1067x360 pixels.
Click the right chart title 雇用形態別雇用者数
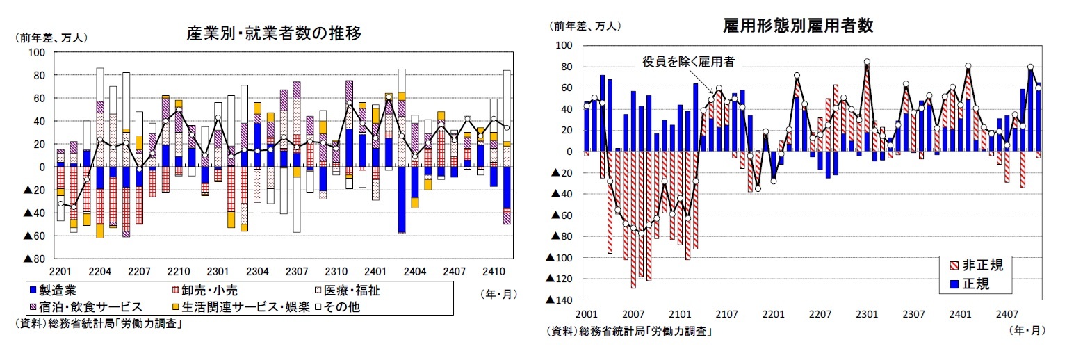click(798, 26)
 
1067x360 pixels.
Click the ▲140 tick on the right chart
click(560, 300)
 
